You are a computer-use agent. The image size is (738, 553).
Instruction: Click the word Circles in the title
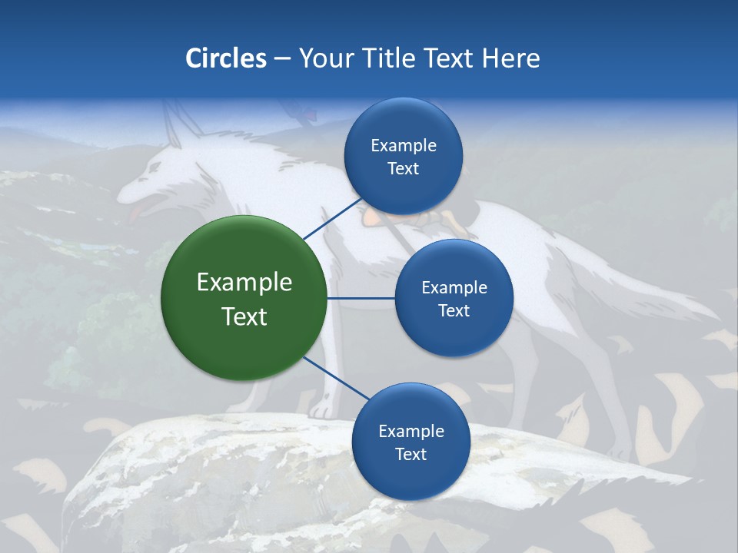click(x=225, y=58)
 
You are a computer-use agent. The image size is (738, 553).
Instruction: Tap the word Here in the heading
click(x=510, y=58)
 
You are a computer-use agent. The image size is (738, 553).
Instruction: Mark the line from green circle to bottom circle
click(x=336, y=379)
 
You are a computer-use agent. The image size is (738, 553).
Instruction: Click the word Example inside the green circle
click(x=244, y=283)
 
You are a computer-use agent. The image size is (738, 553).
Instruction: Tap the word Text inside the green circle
click(x=244, y=316)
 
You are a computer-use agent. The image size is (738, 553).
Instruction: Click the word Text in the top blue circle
click(x=403, y=169)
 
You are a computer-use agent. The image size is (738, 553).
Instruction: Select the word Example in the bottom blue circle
click(x=411, y=431)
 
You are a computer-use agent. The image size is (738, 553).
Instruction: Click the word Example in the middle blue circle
click(x=454, y=288)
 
